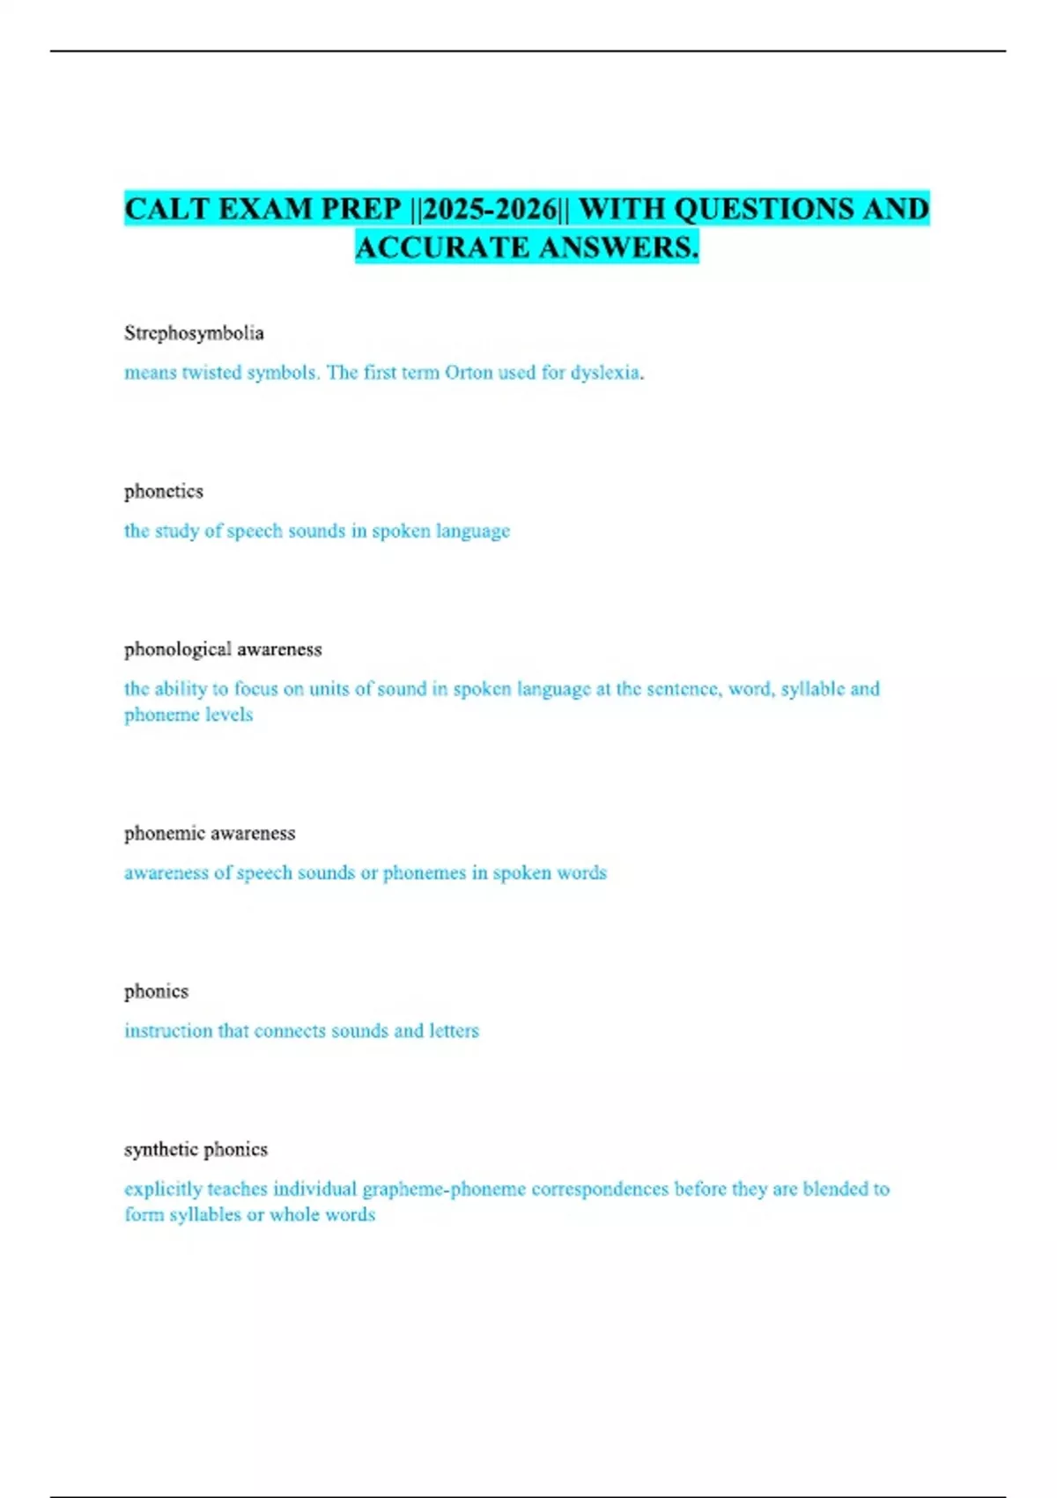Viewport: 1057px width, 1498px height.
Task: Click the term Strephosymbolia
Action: pyautogui.click(x=194, y=333)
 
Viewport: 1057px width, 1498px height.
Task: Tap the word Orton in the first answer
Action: pyautogui.click(x=469, y=373)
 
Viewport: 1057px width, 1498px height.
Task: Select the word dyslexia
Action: pyautogui.click(x=606, y=373)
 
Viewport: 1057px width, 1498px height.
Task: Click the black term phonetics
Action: pyautogui.click(x=164, y=492)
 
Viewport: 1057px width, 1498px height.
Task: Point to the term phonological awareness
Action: pyautogui.click(x=223, y=649)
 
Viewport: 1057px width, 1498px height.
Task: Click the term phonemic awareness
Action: pyautogui.click(x=210, y=834)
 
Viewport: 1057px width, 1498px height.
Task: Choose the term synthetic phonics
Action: pyautogui.click(x=196, y=1150)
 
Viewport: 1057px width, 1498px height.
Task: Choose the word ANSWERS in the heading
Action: pyautogui.click(x=619, y=248)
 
